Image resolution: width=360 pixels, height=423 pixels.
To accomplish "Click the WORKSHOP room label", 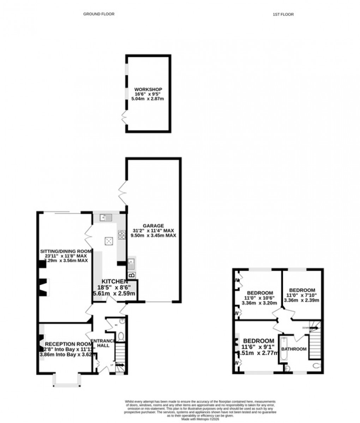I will click(148, 89).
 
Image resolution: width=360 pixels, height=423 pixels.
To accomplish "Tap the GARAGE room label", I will click(153, 226).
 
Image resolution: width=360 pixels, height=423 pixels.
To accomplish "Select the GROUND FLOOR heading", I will click(99, 14).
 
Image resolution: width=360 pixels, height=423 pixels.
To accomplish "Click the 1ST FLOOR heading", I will click(283, 14).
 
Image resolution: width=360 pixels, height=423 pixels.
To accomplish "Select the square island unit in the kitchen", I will click(109, 241).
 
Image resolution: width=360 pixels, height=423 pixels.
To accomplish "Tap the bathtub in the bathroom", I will click(283, 350).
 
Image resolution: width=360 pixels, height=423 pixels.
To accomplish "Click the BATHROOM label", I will click(294, 349).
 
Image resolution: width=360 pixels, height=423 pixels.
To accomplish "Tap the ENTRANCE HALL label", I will click(103, 343).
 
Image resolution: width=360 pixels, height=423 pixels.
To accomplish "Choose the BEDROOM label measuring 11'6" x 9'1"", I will click(258, 341).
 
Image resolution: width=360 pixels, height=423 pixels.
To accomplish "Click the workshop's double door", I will click(124, 117).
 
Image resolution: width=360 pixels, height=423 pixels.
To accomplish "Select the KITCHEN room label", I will click(114, 281).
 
